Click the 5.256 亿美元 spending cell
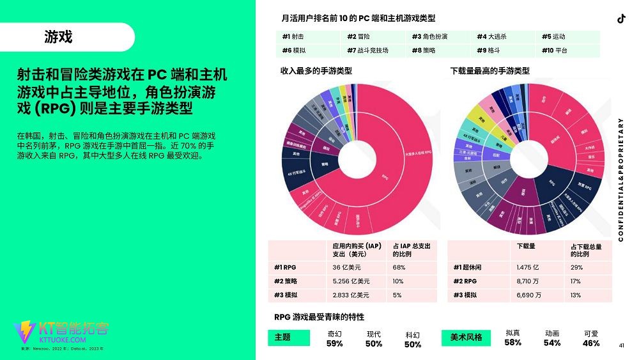(351, 281)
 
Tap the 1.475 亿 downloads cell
(528, 267)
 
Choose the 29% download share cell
(576, 267)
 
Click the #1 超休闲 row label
(470, 267)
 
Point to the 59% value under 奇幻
(334, 343)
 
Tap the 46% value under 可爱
(591, 343)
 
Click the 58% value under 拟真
(512, 343)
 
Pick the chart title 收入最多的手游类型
(316, 71)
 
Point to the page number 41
(621, 346)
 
